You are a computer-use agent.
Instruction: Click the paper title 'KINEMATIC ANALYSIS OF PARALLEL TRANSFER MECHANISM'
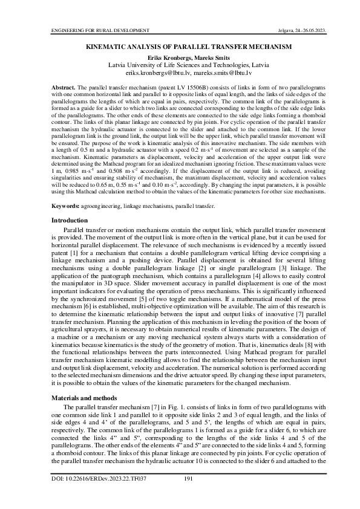[180, 46]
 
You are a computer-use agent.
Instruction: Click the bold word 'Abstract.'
[64, 88]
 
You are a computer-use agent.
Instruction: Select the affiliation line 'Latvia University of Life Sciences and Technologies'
[180, 65]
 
